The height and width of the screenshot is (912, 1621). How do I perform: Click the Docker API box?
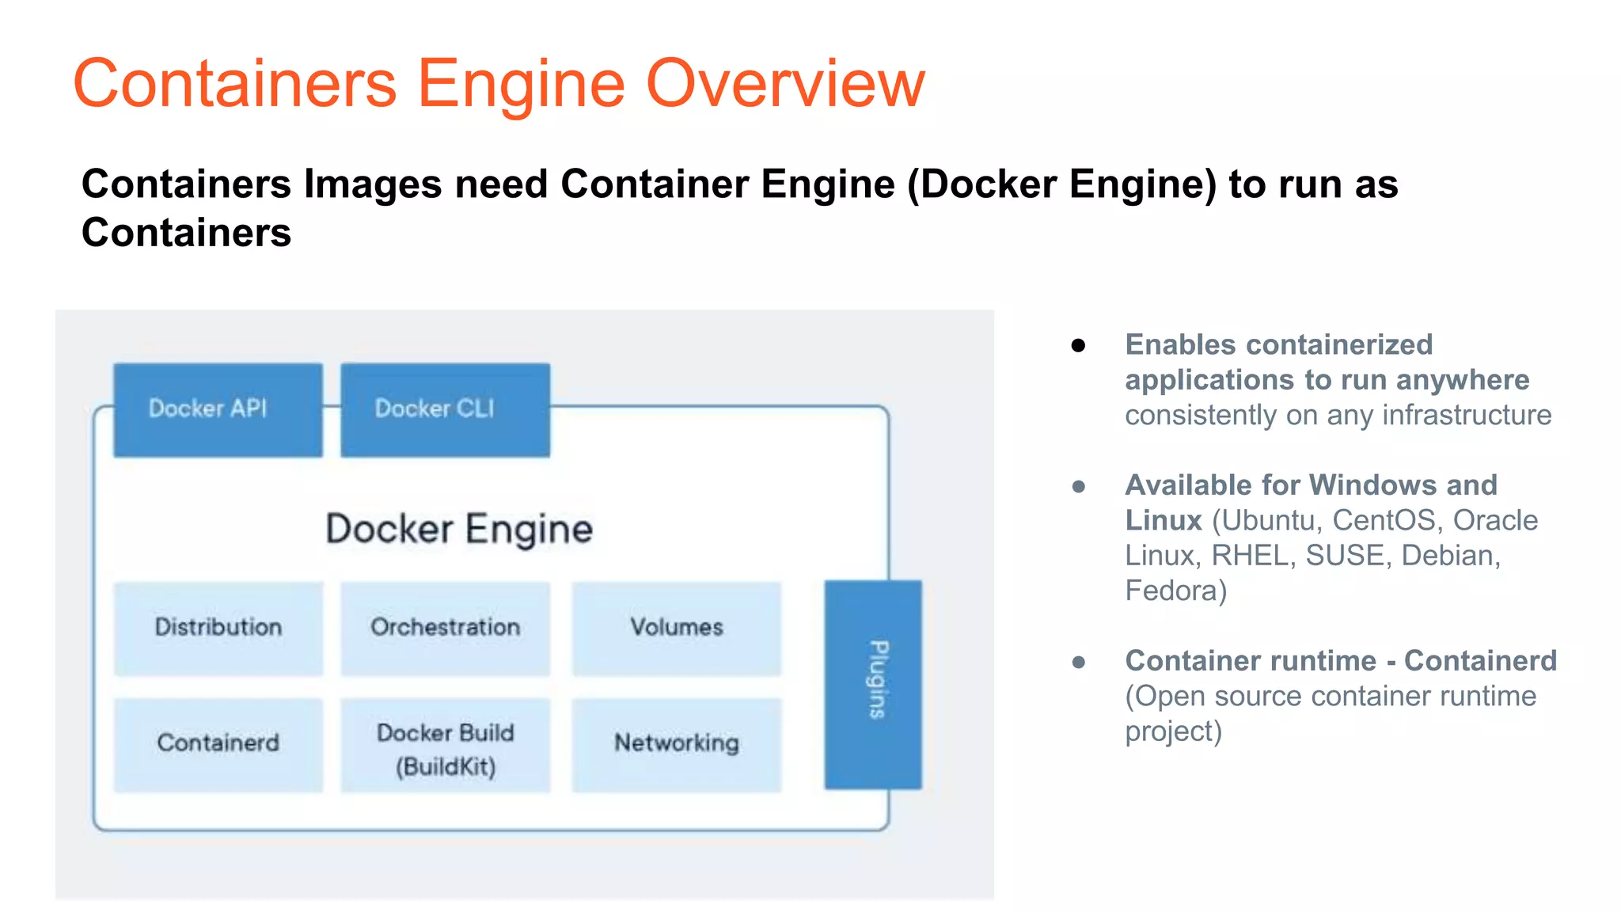click(x=218, y=409)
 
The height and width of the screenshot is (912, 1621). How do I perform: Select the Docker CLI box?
click(x=445, y=409)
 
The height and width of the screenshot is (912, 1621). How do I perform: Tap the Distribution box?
click(x=218, y=628)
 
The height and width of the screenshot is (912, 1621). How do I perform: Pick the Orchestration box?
click(x=445, y=628)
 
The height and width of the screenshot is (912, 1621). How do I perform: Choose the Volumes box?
click(x=677, y=628)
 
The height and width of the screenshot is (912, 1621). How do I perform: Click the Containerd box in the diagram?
click(x=218, y=743)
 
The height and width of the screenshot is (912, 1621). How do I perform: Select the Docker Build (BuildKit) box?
click(x=445, y=748)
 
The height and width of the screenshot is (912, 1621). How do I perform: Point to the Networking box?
click(x=677, y=743)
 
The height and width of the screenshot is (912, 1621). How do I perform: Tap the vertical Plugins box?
click(x=873, y=683)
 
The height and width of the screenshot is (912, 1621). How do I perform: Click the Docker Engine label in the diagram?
click(x=459, y=529)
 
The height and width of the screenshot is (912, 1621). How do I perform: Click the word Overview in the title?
click(x=785, y=84)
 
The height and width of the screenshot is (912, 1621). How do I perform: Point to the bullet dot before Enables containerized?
click(x=1078, y=345)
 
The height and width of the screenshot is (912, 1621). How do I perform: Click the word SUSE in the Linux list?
click(x=1346, y=556)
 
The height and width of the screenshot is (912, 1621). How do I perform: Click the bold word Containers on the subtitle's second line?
click(x=186, y=233)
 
